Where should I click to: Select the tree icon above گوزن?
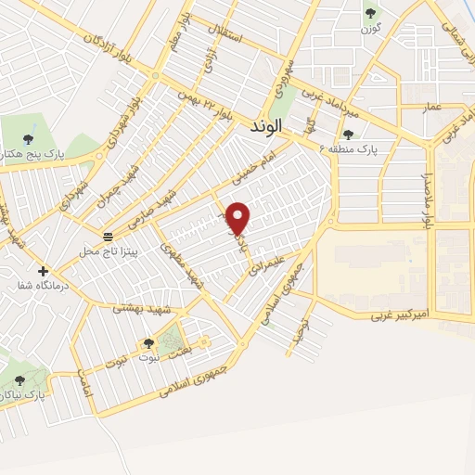click(371, 13)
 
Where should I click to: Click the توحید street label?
click(298, 331)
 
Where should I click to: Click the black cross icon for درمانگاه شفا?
click(43, 270)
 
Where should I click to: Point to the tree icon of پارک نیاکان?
click(20, 380)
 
